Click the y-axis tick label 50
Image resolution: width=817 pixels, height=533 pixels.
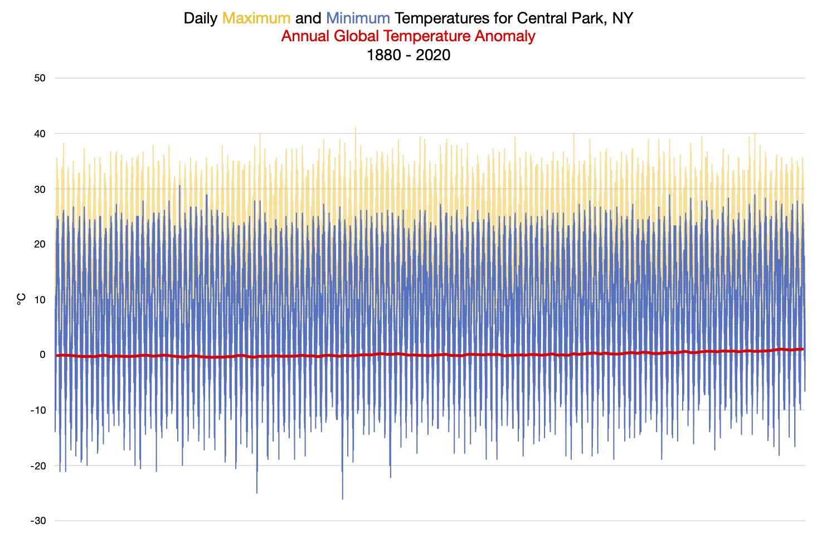40,78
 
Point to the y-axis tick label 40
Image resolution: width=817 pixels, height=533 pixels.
40,134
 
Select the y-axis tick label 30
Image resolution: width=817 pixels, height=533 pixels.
40,190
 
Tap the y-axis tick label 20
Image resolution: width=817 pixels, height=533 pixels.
40,244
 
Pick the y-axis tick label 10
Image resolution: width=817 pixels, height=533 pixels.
40,300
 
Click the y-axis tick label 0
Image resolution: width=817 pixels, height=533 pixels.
42,355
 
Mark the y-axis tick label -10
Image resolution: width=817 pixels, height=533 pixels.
38,410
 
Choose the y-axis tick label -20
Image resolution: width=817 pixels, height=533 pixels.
38,466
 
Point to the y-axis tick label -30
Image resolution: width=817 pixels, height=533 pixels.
38,521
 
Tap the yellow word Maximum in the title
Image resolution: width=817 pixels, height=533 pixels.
256,18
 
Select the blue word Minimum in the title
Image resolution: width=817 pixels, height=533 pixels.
358,18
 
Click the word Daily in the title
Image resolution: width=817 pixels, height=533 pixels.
201,18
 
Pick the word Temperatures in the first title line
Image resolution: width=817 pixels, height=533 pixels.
442,18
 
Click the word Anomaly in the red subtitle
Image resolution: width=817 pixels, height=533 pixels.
505,36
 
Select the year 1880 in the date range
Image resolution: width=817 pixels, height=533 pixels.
383,55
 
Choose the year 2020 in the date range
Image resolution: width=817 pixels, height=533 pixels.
433,55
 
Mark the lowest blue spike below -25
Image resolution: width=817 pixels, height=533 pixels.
342,498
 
